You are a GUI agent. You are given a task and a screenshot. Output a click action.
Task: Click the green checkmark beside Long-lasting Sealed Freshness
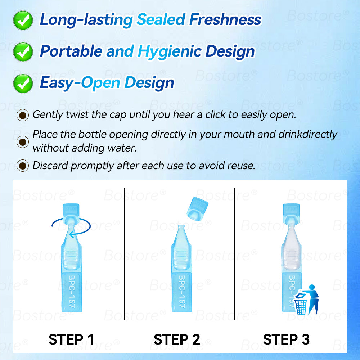click(x=23, y=20)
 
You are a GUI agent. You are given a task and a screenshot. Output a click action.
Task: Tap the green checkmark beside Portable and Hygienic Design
click(x=23, y=52)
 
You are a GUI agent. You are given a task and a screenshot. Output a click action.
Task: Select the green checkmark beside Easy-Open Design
click(x=23, y=84)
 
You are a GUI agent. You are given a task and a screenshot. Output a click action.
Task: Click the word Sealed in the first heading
click(x=161, y=19)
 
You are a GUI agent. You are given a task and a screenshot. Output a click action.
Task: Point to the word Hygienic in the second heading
click(x=170, y=51)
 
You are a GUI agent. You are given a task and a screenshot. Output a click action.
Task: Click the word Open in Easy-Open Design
click(x=100, y=83)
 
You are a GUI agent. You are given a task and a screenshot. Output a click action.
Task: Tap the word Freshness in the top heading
click(x=225, y=19)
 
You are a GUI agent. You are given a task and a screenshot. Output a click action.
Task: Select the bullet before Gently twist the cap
click(x=23, y=115)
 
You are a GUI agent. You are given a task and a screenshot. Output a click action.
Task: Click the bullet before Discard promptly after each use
click(x=23, y=166)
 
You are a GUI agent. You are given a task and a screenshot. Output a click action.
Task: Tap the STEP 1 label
click(x=71, y=339)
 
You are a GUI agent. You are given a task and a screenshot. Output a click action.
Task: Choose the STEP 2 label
click(x=177, y=339)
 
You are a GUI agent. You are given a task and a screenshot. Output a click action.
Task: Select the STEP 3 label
click(x=286, y=339)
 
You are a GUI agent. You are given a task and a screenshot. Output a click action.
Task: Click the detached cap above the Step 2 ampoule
click(x=197, y=209)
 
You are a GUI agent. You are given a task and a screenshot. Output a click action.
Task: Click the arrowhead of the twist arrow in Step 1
click(x=72, y=234)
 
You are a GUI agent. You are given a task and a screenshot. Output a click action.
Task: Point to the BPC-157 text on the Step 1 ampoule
click(x=71, y=292)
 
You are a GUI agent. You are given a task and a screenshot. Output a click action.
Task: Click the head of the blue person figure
click(x=312, y=287)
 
